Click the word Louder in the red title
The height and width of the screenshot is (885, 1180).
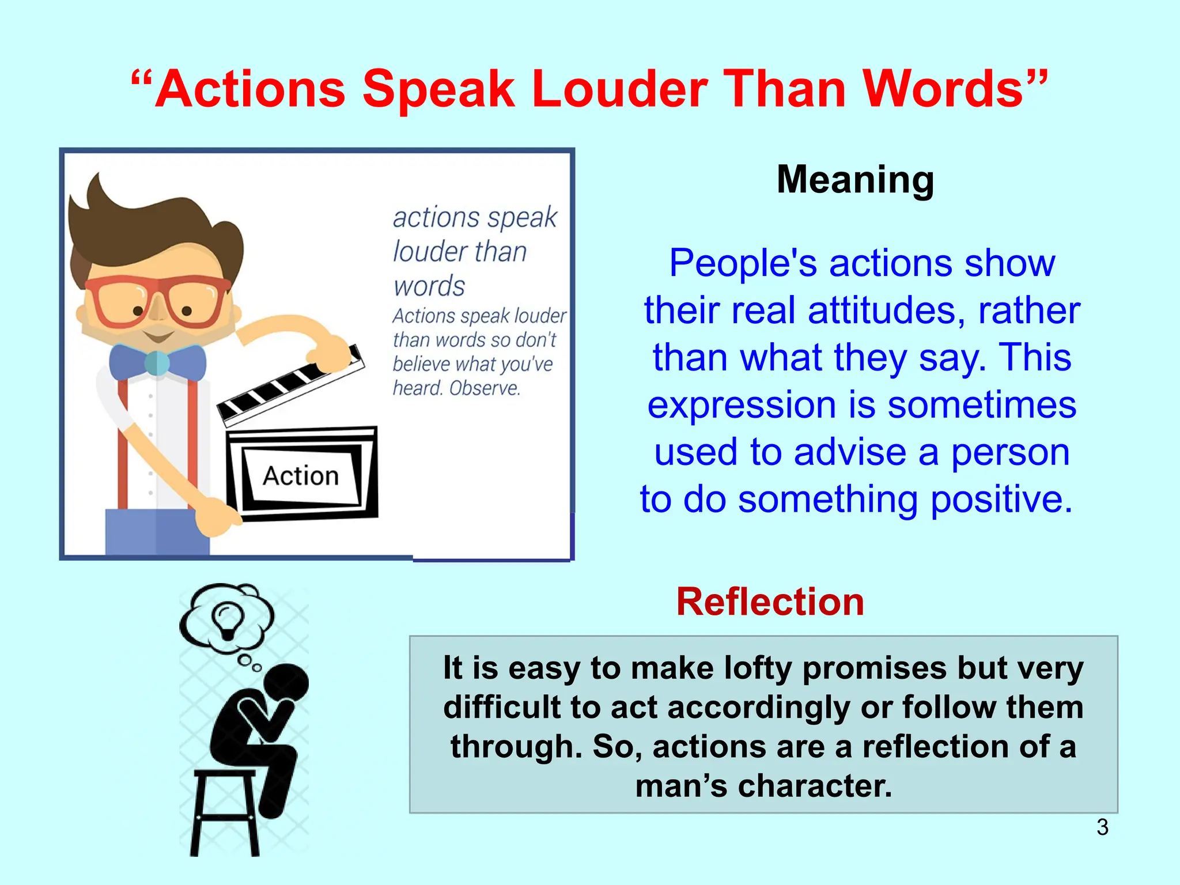point(619,89)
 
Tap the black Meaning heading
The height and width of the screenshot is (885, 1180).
point(855,180)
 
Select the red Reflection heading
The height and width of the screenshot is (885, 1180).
point(770,602)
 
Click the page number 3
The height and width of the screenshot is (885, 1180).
point(1102,827)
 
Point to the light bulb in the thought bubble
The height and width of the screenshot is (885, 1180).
point(226,619)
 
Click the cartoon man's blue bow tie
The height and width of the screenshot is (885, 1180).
point(157,362)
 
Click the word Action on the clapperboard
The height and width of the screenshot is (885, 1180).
point(300,476)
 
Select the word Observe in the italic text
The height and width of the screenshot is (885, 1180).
point(485,388)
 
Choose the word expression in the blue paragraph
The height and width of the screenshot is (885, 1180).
point(742,405)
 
